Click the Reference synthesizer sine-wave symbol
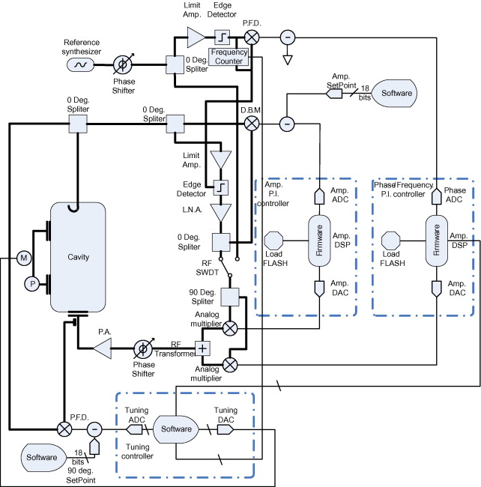[81, 64]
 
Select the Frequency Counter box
[229, 56]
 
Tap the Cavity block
[78, 257]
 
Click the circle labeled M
[24, 258]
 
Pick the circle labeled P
[32, 283]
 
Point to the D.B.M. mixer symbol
[252, 124]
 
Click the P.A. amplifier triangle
[102, 348]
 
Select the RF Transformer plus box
[202, 348]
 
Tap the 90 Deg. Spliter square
[230, 297]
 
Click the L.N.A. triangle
[220, 213]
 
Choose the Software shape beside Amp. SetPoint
[394, 93]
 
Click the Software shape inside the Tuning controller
[176, 429]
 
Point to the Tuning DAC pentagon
[225, 430]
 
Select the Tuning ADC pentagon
[134, 429]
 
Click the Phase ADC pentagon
[437, 196]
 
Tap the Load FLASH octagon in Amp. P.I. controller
[273, 241]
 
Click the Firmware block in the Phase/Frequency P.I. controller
[436, 241]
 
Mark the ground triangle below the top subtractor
[288, 60]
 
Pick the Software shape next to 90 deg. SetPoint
[43, 458]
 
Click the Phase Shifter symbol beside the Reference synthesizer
[123, 64]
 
